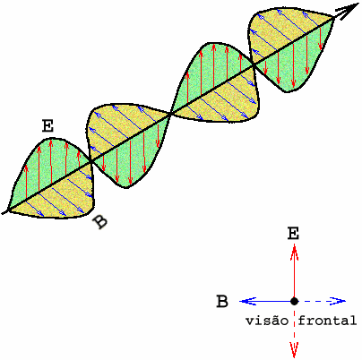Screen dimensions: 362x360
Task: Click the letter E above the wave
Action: tap(47, 126)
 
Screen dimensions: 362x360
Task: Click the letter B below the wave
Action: tap(99, 222)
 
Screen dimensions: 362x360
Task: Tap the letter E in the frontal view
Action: tap(293, 234)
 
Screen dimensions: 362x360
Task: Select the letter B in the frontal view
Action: tap(222, 302)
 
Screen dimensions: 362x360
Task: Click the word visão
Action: tap(267, 321)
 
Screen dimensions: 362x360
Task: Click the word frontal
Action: tap(327, 321)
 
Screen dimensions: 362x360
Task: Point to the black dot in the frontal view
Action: tap(295, 301)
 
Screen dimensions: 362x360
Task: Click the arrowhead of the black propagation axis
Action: tap(348, 11)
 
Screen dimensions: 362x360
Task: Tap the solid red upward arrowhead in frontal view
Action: tap(295, 253)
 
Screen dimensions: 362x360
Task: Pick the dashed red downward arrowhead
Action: tap(295, 349)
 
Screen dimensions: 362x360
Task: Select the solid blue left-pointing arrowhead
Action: tap(248, 301)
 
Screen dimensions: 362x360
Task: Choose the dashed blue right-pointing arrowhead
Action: tap(338, 301)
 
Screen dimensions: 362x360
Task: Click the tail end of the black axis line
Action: tap(4, 212)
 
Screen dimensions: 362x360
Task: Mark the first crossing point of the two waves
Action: tap(90, 162)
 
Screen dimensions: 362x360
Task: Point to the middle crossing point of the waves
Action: tap(171, 113)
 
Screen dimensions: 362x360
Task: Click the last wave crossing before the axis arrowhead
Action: tap(254, 64)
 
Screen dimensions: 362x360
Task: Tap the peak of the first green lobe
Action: tap(52, 139)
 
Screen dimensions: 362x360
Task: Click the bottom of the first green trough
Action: tap(127, 187)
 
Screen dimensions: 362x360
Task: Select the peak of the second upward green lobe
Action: tap(212, 44)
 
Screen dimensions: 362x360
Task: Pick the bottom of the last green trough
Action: tap(287, 91)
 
